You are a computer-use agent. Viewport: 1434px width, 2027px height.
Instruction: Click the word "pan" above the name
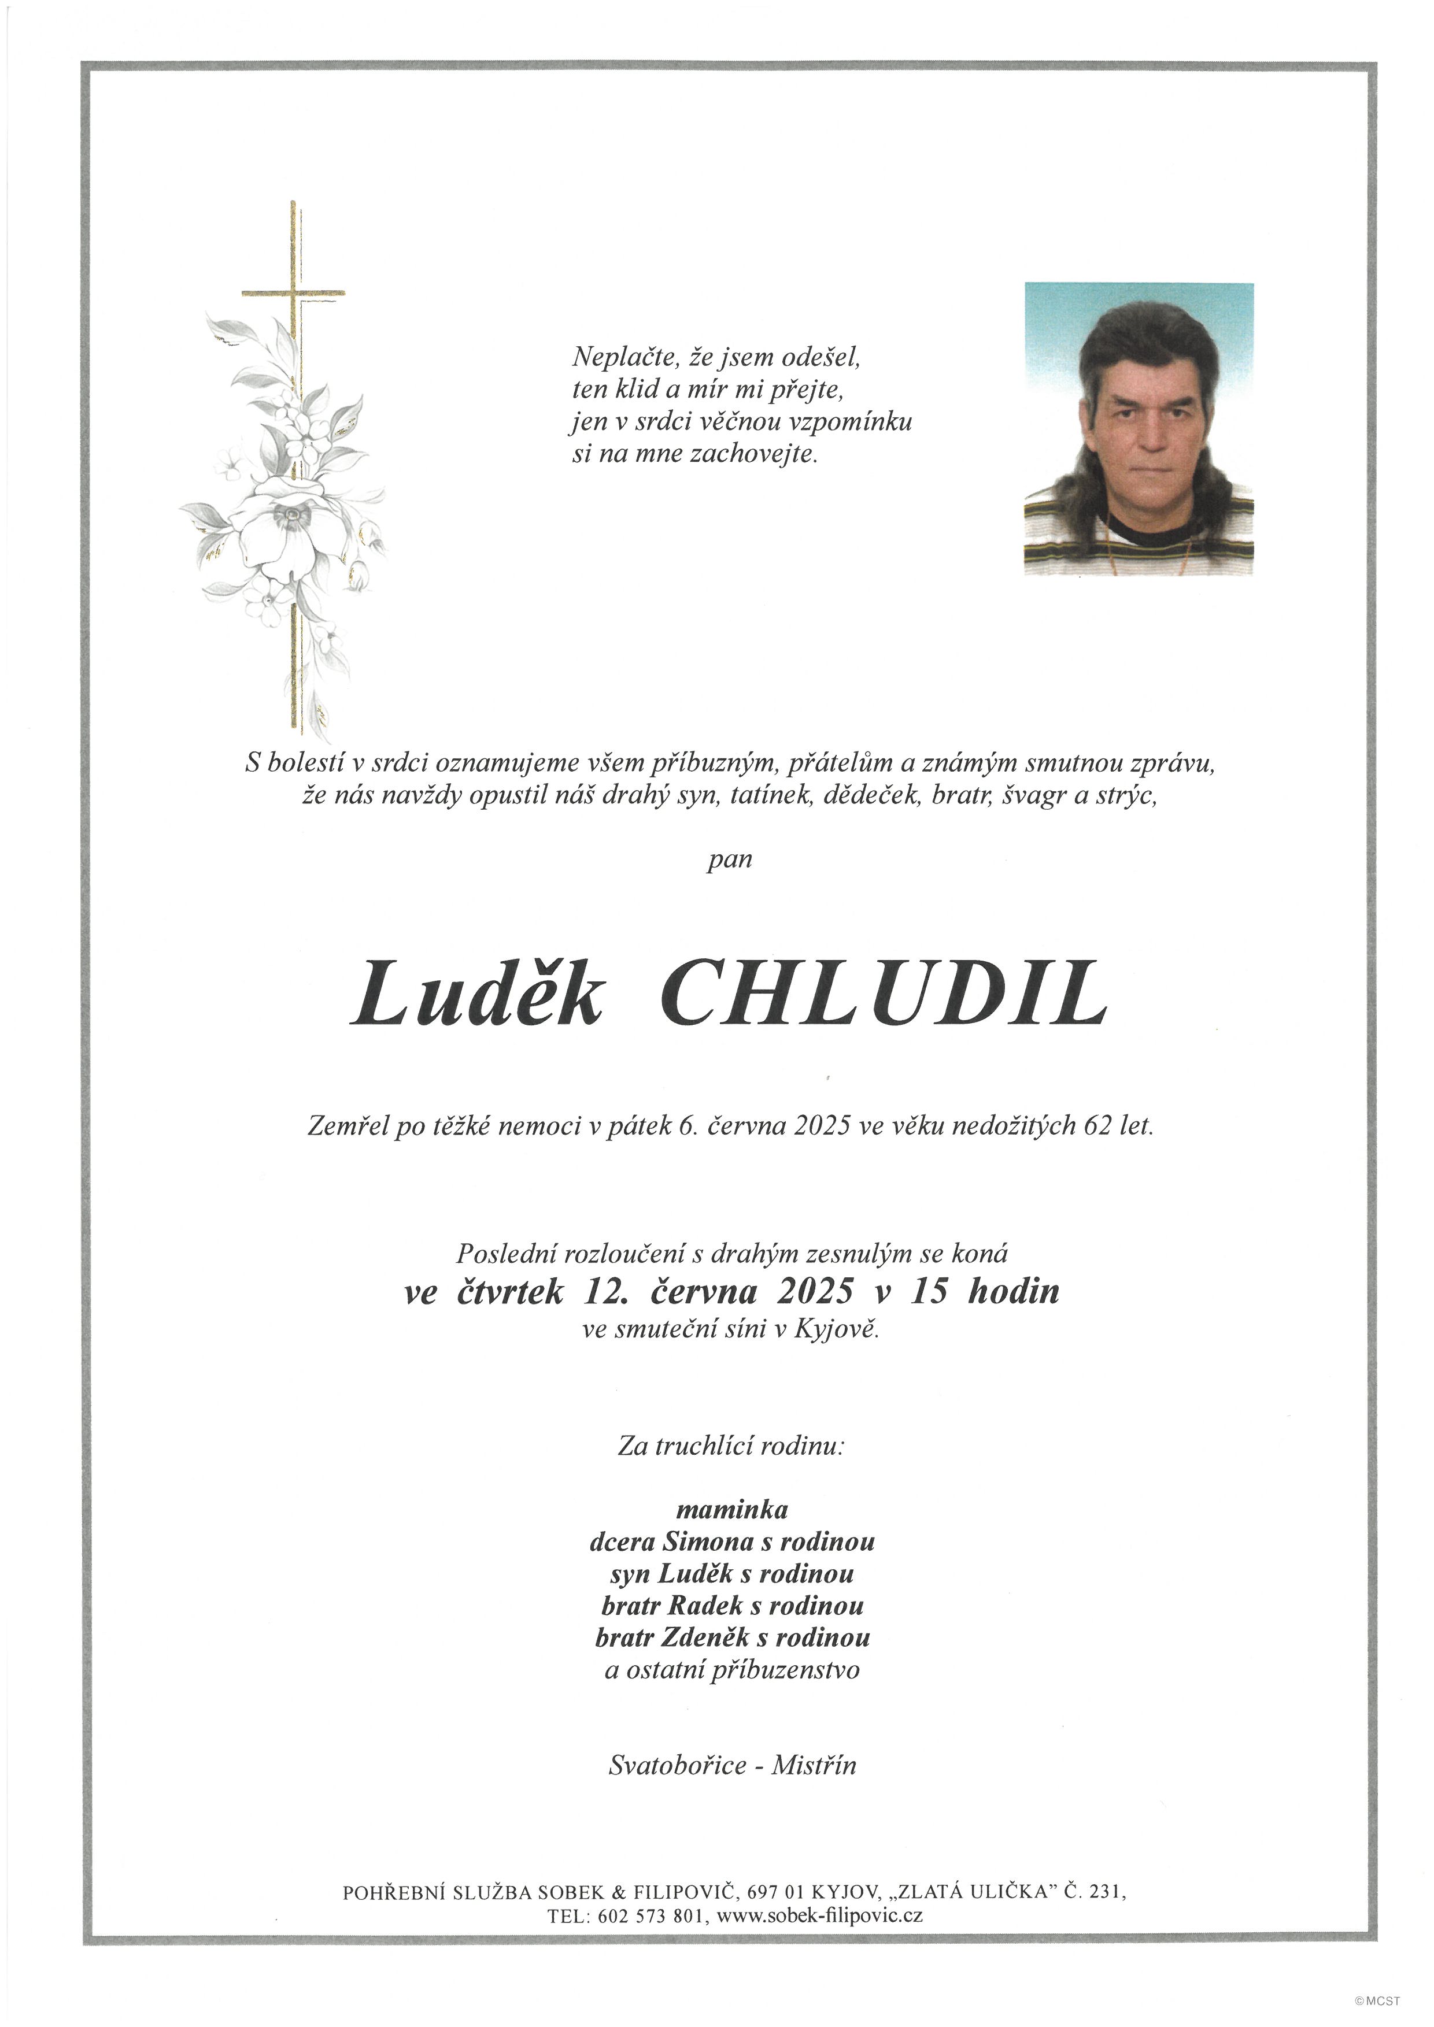point(729,859)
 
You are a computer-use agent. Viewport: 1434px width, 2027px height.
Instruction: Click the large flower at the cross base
point(281,528)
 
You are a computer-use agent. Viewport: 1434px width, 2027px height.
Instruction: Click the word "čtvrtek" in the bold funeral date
point(511,1292)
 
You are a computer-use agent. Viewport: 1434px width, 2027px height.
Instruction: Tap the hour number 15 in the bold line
point(929,1292)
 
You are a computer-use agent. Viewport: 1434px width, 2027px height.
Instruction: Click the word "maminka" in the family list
point(732,1509)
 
